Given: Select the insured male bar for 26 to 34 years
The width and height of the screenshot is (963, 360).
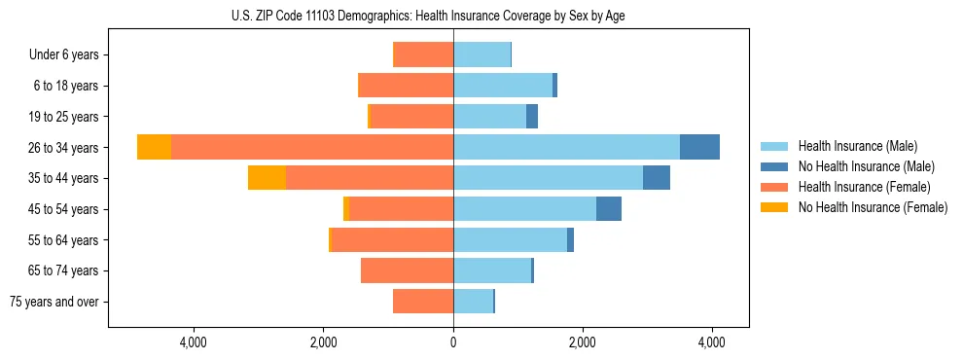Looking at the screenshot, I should pyautogui.click(x=566, y=147).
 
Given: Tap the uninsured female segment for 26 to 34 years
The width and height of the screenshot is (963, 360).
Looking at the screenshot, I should pyautogui.click(x=154, y=147).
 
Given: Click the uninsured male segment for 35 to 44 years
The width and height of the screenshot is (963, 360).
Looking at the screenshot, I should pyautogui.click(x=657, y=178).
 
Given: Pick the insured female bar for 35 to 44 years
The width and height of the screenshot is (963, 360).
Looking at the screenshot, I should pyautogui.click(x=370, y=178).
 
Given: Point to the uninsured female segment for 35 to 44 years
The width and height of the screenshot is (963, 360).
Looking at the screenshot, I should pyautogui.click(x=267, y=178).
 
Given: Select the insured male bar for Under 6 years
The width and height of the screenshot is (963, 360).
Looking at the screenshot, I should pyautogui.click(x=481, y=54).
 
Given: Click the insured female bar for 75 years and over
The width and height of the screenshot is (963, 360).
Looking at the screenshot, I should pyautogui.click(x=423, y=302).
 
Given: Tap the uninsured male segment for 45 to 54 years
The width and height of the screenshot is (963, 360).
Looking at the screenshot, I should pyautogui.click(x=609, y=209).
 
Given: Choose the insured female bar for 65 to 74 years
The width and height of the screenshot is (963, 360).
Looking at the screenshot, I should pyautogui.click(x=407, y=270).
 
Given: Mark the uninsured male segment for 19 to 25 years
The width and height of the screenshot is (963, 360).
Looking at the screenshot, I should pyautogui.click(x=532, y=117).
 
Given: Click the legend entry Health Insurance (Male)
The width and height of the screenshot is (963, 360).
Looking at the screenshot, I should pyautogui.click(x=857, y=146).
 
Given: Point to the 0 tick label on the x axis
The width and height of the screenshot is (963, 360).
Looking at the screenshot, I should pyautogui.click(x=453, y=342).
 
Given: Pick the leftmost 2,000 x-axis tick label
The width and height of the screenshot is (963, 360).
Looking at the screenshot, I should pyautogui.click(x=323, y=342).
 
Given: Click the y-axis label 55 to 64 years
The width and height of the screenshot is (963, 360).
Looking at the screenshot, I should pyautogui.click(x=63, y=240).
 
